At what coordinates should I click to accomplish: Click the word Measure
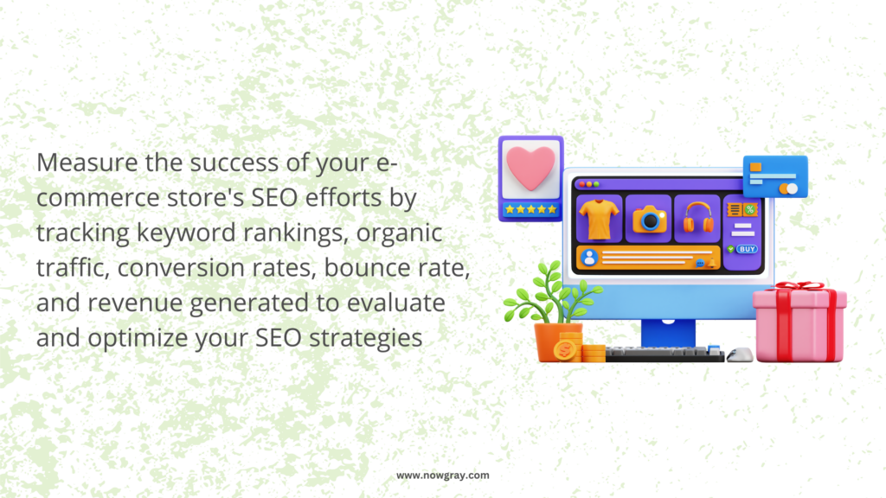[87, 163]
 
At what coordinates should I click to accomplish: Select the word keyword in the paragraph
[186, 233]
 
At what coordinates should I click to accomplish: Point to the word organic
[399, 233]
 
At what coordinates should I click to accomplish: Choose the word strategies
[366, 338]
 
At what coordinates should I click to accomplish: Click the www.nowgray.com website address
[442, 476]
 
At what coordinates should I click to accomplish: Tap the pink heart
[530, 167]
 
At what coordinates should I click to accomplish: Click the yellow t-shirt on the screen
[599, 219]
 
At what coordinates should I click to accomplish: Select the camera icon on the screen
[649, 219]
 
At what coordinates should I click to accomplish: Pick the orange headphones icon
[698, 218]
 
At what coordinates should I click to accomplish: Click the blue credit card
[775, 176]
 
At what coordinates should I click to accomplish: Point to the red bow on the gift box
[799, 286]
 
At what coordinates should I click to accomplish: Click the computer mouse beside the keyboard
[740, 354]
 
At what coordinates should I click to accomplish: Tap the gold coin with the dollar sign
[565, 350]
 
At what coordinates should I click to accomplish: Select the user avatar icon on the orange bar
[589, 258]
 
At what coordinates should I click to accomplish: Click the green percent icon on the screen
[750, 210]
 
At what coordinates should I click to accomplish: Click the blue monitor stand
[669, 333]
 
